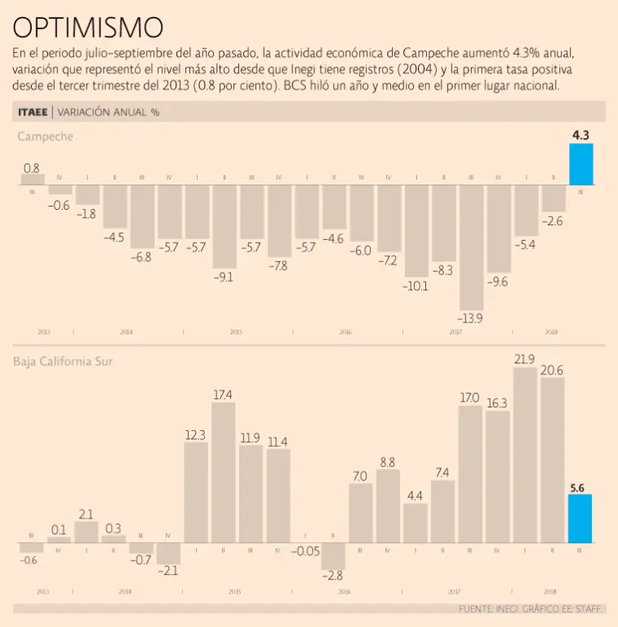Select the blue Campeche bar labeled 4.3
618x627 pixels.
click(x=580, y=165)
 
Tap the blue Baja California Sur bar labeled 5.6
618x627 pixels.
click(x=580, y=519)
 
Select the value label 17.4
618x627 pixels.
click(x=223, y=395)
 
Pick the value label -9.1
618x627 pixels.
click(x=224, y=277)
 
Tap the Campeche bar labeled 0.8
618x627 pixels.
click(x=33, y=180)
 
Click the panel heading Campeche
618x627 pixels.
click(x=46, y=136)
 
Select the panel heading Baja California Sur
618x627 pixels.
click(x=64, y=362)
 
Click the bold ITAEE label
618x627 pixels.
click(x=33, y=112)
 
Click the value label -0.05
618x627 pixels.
click(x=305, y=551)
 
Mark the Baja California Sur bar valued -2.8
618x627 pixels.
click(x=333, y=556)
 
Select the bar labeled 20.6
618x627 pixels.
click(x=553, y=460)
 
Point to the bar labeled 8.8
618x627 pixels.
click(x=388, y=506)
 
